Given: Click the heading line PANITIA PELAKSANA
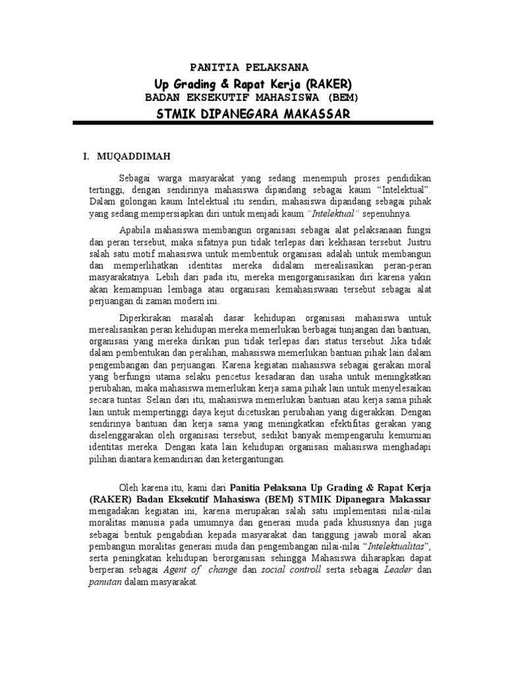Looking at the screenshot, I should pos(248,68).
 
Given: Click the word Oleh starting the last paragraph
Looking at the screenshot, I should pos(129,488).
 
